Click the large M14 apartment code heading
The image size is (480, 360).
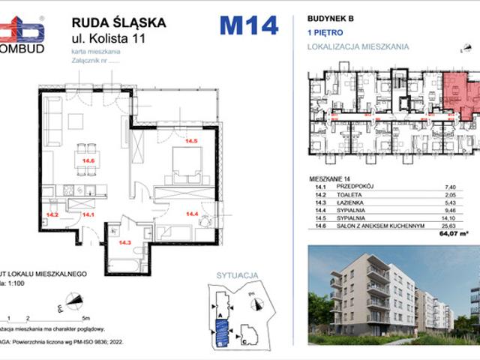pos(248,25)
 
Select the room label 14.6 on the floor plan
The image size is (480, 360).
pos(88,160)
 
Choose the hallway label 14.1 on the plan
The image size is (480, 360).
pos(87,214)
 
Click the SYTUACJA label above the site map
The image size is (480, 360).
pos(231,275)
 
